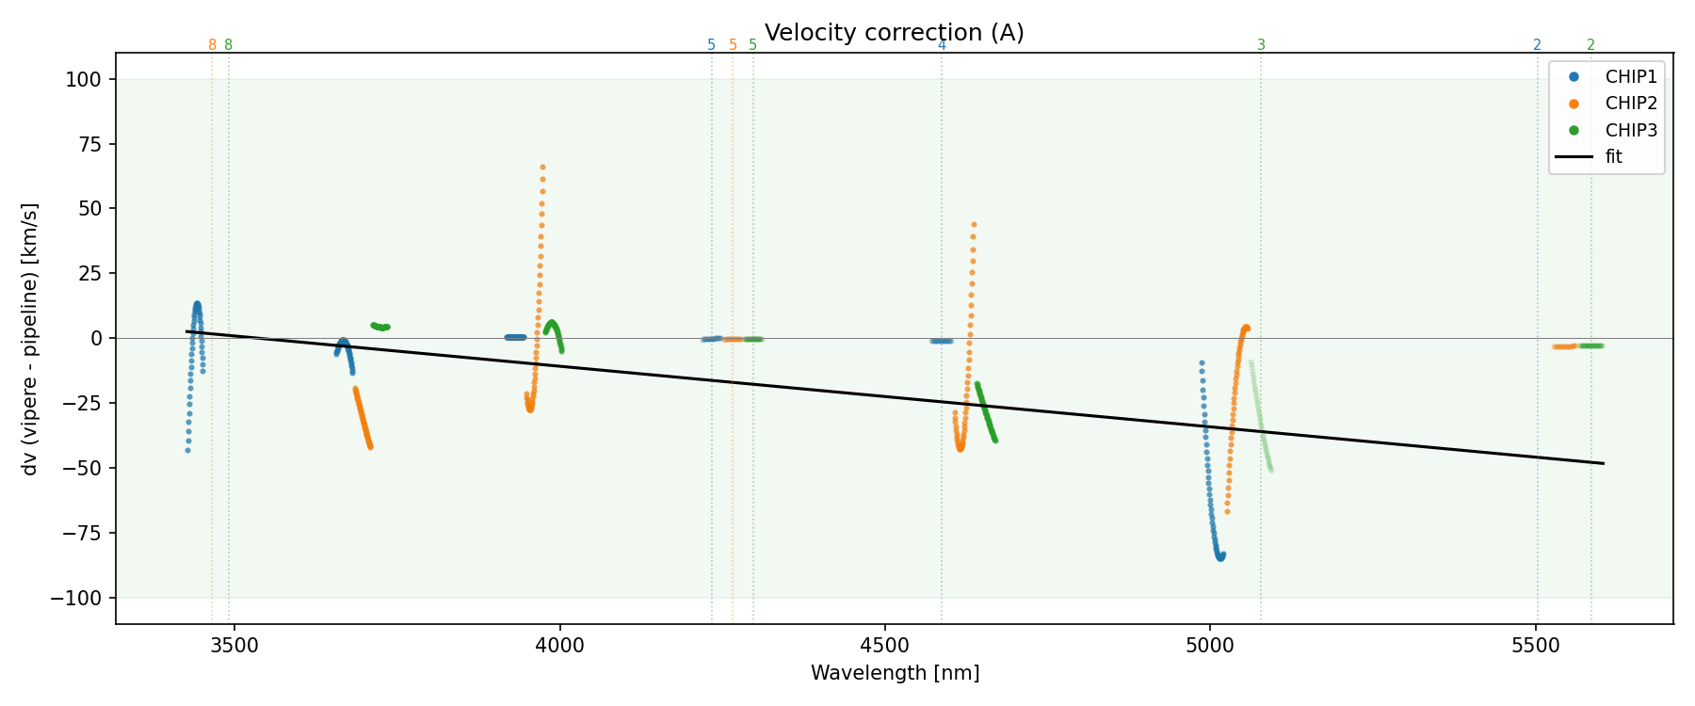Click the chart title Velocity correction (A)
(894, 33)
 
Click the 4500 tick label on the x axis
(885, 646)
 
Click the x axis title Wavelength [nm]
(895, 673)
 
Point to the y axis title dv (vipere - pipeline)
(30, 339)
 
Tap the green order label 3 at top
(1262, 45)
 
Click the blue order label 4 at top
(942, 45)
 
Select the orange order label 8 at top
(212, 45)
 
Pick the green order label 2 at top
(1591, 45)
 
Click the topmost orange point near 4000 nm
(542, 167)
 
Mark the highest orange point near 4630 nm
(974, 225)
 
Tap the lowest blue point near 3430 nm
(187, 450)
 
